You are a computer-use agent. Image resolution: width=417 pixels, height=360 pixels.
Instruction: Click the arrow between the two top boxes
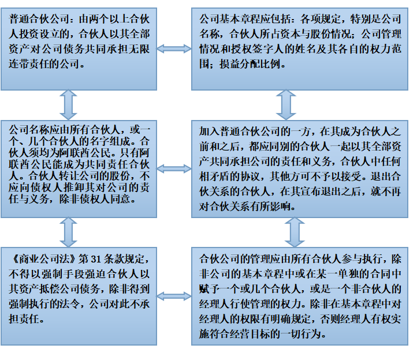pos(174,48)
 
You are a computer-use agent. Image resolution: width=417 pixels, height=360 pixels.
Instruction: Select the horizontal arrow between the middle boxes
pos(174,168)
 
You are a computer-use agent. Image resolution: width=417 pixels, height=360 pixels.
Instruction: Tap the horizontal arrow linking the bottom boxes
pos(174,296)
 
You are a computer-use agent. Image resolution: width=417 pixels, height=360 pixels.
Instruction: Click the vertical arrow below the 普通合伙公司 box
pos(68,105)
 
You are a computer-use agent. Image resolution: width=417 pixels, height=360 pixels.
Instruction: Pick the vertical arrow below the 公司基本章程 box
pos(286,105)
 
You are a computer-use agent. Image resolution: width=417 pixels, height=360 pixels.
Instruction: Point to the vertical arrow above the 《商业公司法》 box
pos(68,232)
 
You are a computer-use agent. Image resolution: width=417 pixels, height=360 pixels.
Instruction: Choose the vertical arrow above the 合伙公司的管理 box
pos(295,232)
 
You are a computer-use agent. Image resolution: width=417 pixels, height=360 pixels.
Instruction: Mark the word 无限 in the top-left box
pos(139,49)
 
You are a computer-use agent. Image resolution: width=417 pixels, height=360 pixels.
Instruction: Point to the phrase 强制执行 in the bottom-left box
pos(29,303)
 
